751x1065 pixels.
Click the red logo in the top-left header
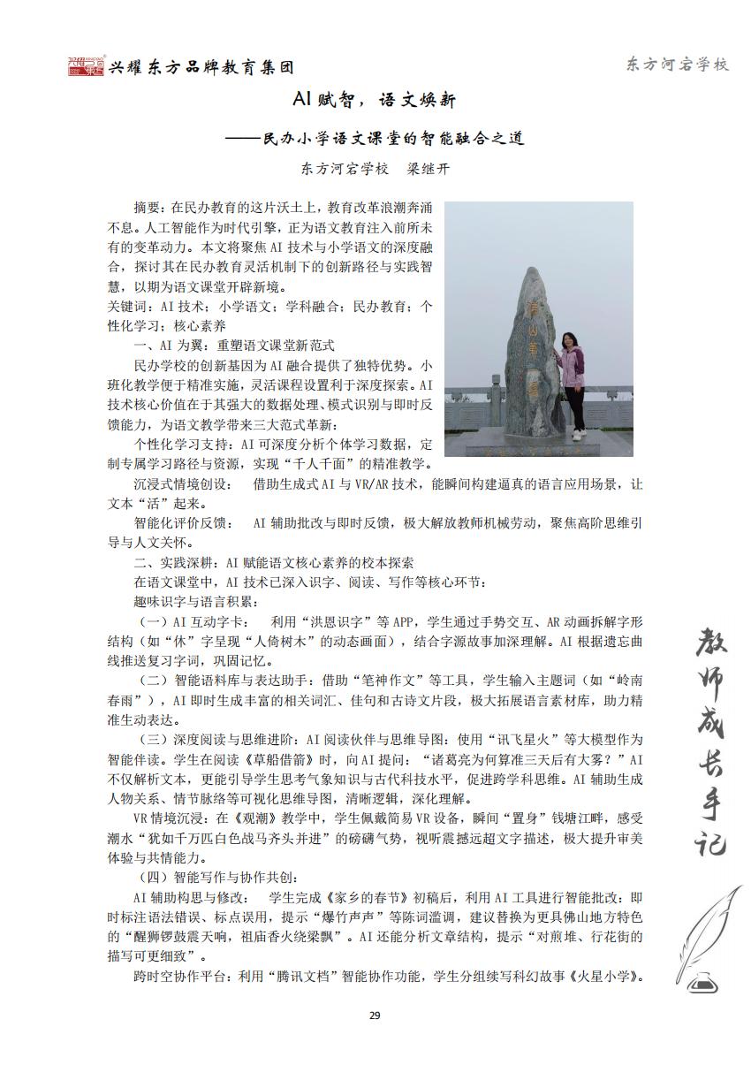pos(86,66)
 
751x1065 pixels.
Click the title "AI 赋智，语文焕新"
pos(375,102)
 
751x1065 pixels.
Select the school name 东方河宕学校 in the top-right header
pos(677,65)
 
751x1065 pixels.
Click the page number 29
pos(375,1014)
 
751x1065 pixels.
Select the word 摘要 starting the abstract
pos(148,208)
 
